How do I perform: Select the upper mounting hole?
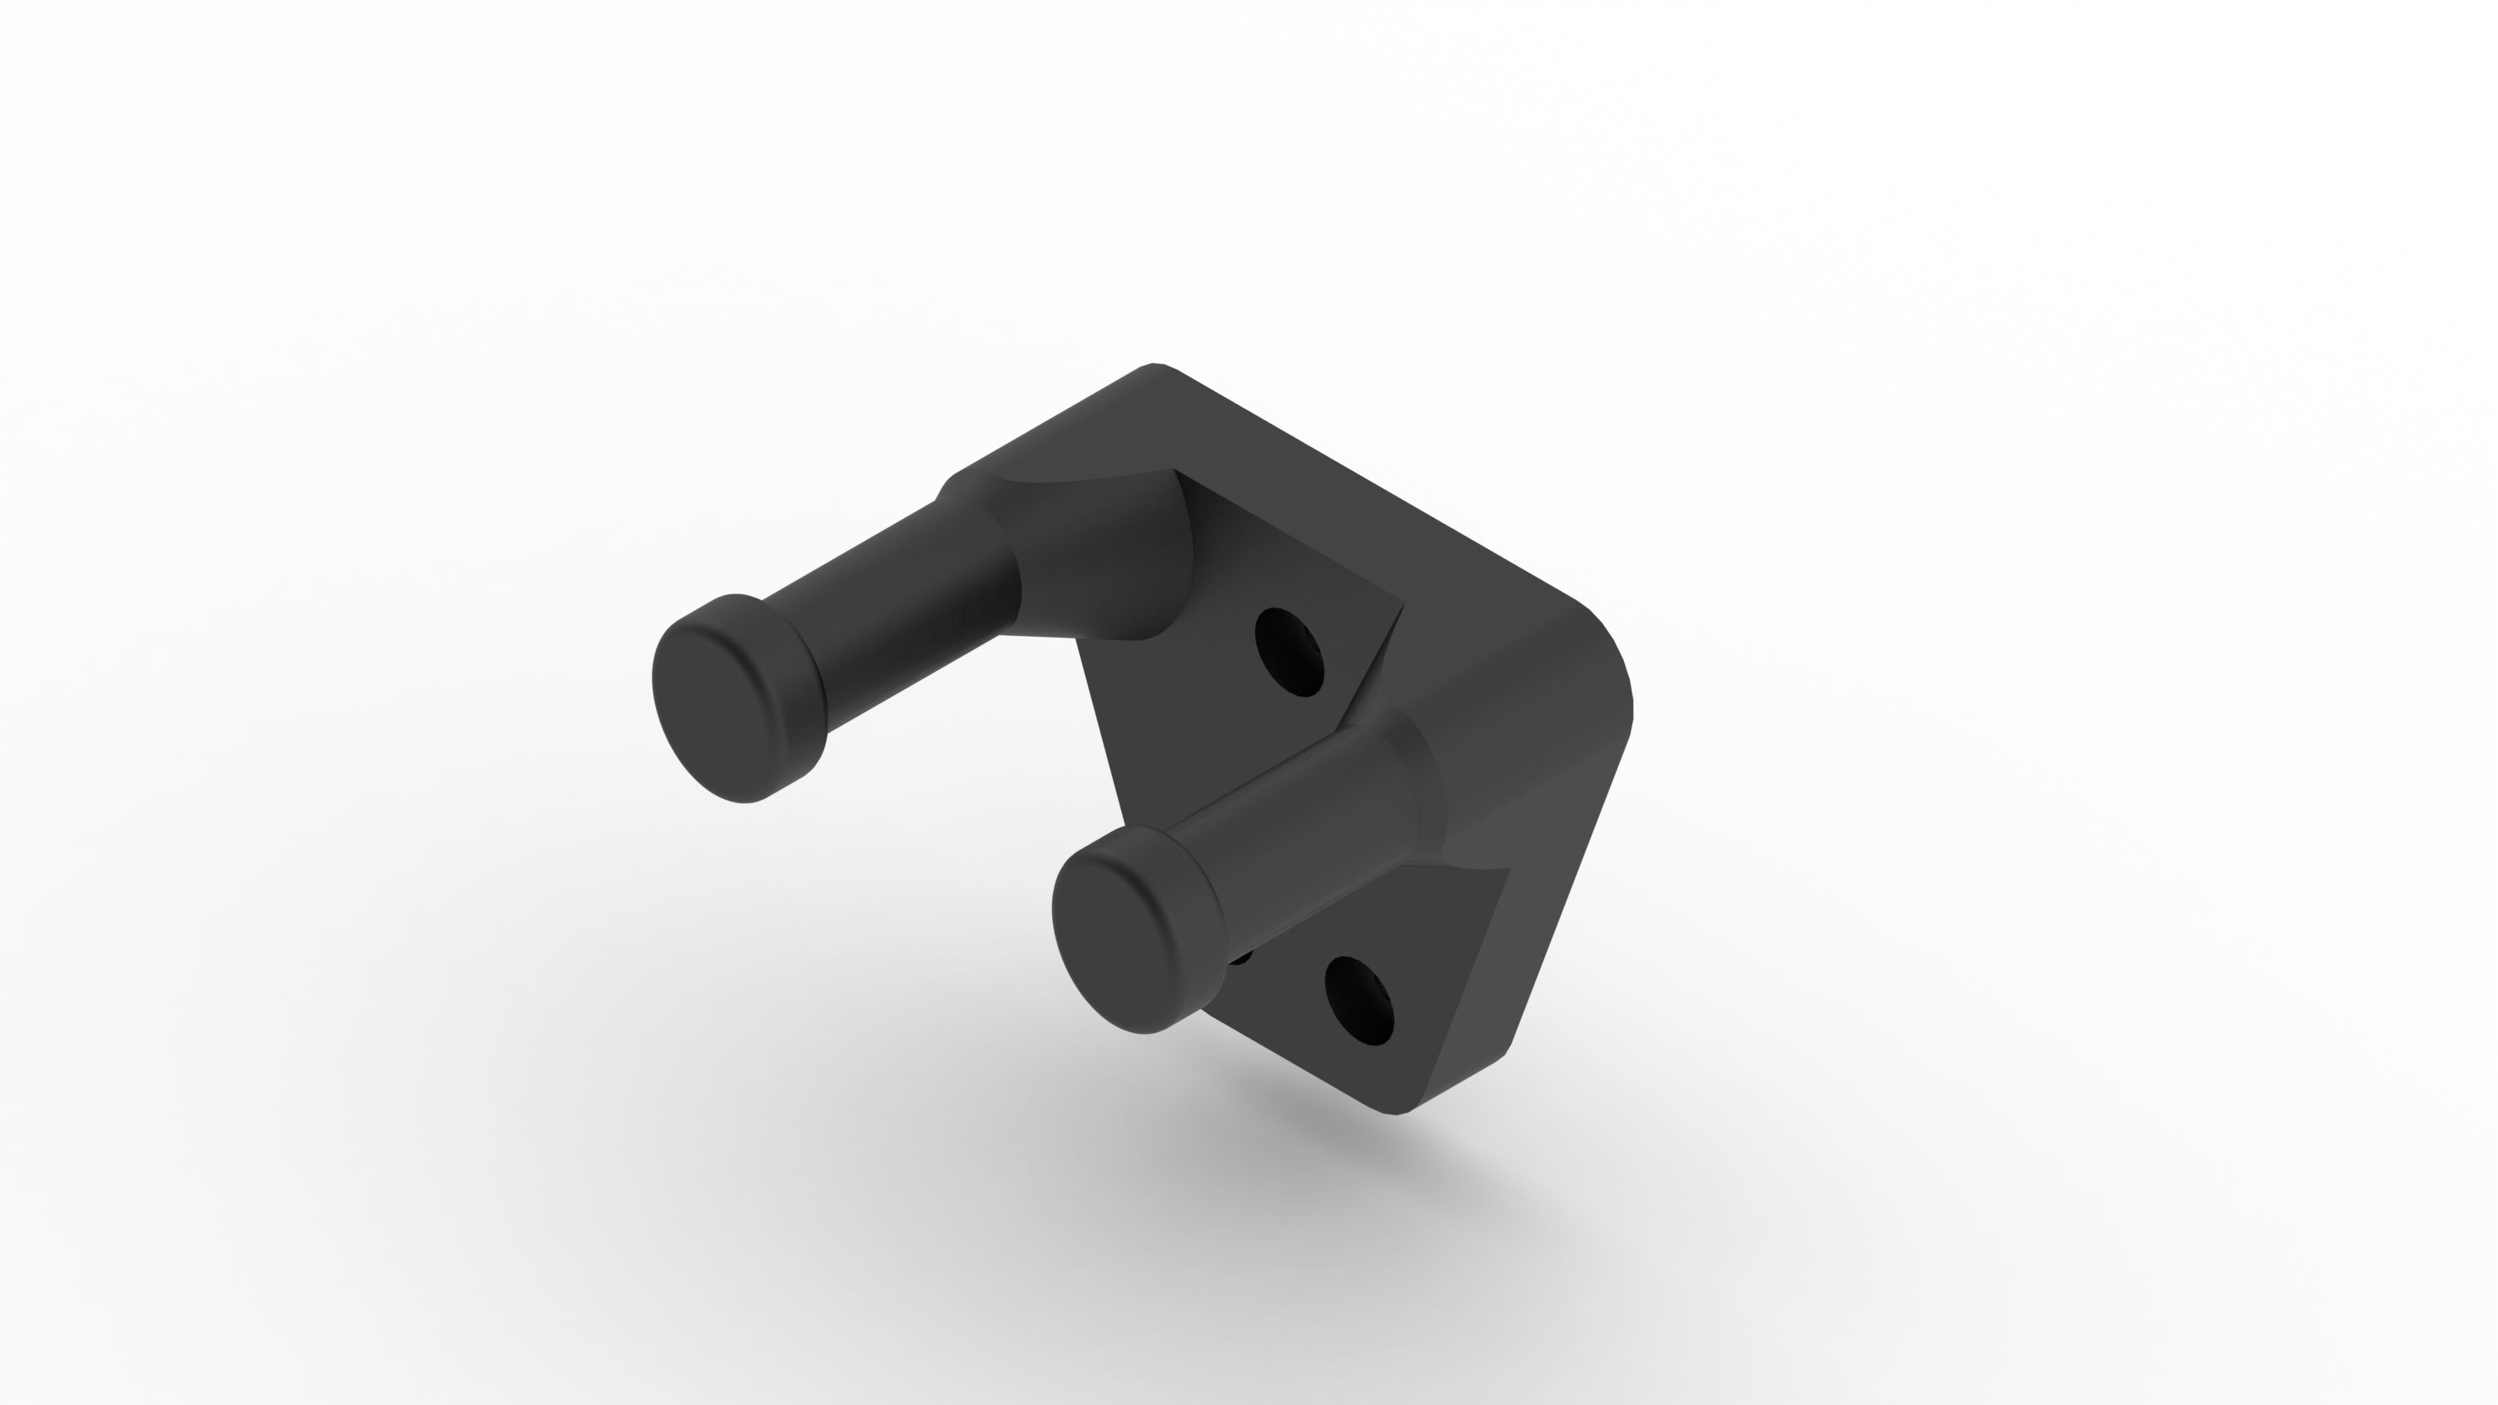click(1289, 651)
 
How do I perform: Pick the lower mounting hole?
click(1358, 1000)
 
